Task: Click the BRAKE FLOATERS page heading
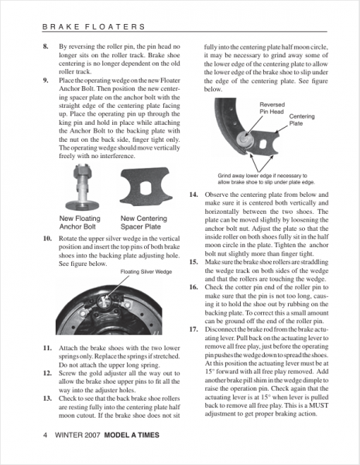[x=94, y=26]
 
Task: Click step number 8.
[x=46, y=46]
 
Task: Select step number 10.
[x=47, y=239]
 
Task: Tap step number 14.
[x=194, y=195]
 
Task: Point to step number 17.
[x=194, y=329]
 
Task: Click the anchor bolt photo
[x=82, y=188]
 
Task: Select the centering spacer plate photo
[x=146, y=187]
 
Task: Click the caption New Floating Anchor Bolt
[x=80, y=222]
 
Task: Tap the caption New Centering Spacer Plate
[x=144, y=222]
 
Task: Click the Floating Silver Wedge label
[x=146, y=272]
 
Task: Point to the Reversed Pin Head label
[x=272, y=108]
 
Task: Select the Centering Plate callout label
[x=302, y=120]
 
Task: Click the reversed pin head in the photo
[x=245, y=139]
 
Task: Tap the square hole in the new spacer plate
[x=146, y=188]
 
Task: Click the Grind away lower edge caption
[x=266, y=179]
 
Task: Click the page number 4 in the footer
[x=46, y=435]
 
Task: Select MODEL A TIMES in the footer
[x=132, y=435]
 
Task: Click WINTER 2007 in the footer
[x=78, y=435]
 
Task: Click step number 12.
[x=47, y=373]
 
